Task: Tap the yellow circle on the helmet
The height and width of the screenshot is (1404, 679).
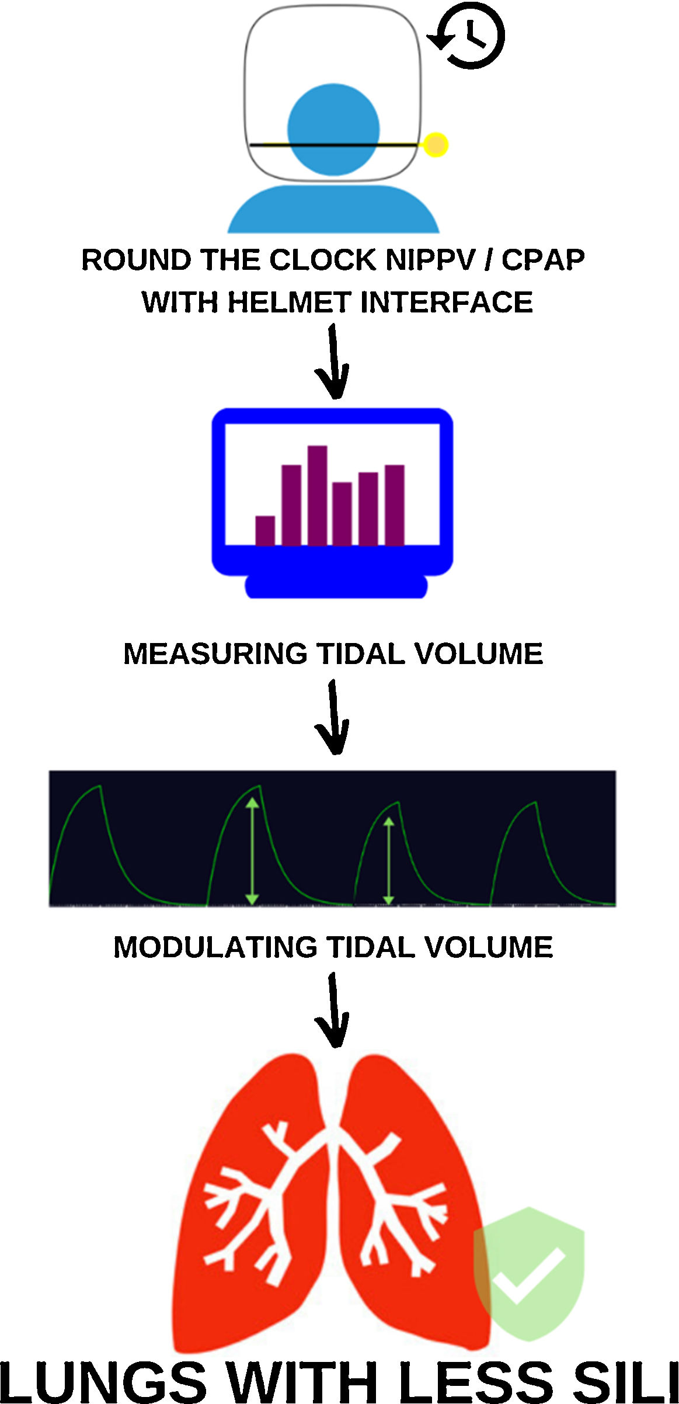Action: click(x=436, y=145)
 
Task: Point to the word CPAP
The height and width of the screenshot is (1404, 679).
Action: click(x=544, y=260)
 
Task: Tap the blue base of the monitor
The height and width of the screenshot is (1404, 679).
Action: click(x=336, y=586)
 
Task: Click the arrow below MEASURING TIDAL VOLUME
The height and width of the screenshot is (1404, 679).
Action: click(x=333, y=718)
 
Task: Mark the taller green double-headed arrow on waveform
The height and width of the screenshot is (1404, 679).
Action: click(x=252, y=851)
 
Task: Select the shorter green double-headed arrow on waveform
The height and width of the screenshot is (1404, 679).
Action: click(x=389, y=861)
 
